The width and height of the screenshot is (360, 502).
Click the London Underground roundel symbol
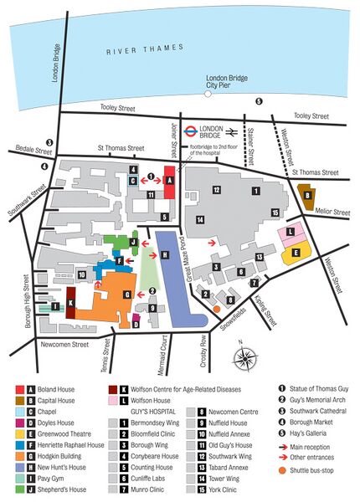[x=190, y=131]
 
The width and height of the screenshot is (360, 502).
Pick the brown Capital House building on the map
[x=307, y=196]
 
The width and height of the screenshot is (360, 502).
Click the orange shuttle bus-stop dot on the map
[x=216, y=309]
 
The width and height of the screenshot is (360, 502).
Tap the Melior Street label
[x=332, y=213]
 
